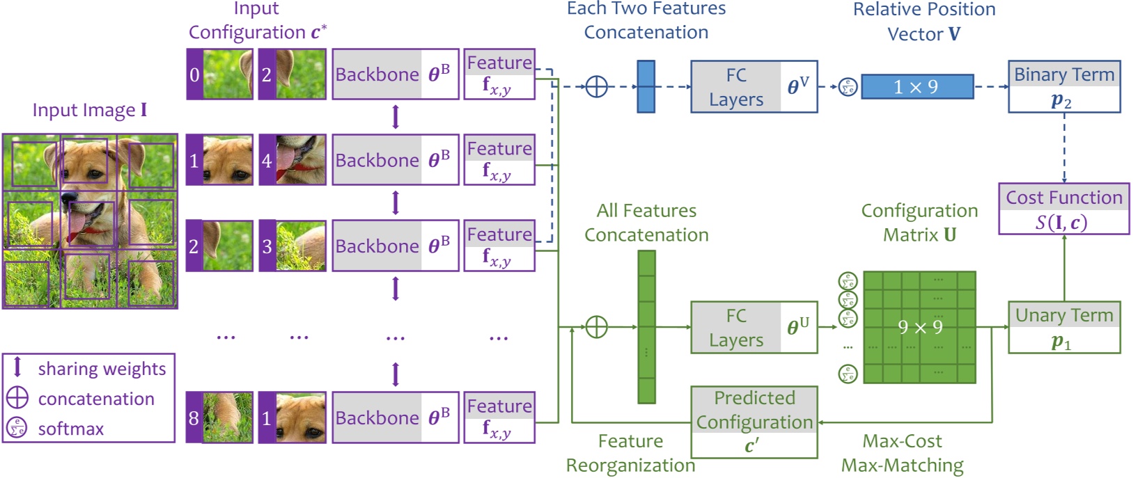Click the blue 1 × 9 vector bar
coord(916,86)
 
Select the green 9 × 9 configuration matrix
coord(919,327)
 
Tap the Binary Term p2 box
coord(1063,86)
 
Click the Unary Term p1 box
coord(1063,327)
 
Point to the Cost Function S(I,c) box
coord(1063,209)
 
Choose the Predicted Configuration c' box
coord(753,422)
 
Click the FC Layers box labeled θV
coord(753,86)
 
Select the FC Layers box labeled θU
coord(753,327)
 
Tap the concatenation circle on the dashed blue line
coord(596,86)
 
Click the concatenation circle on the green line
coord(596,327)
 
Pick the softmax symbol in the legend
coord(17,428)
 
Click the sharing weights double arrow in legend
coord(17,367)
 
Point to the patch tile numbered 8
coord(219,417)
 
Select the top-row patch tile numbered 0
coord(219,74)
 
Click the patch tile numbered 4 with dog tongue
coord(292,160)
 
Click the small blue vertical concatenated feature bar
coord(646,86)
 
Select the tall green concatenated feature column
coord(646,327)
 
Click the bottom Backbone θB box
coord(395,417)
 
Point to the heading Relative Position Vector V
coord(923,21)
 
